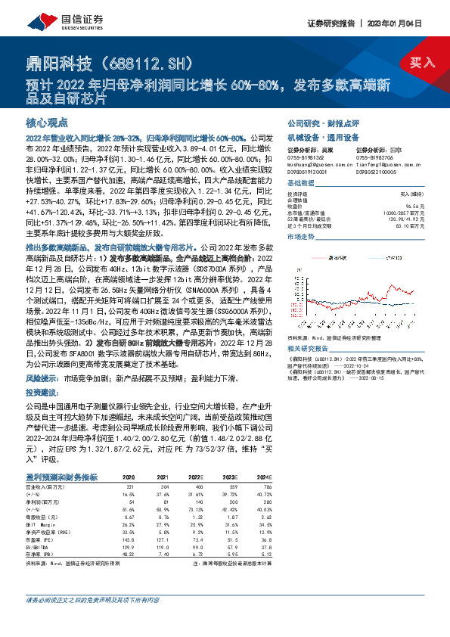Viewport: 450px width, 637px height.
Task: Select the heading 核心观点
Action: coord(48,122)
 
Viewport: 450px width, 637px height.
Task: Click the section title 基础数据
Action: coord(303,183)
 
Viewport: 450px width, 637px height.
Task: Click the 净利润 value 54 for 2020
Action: coord(133,502)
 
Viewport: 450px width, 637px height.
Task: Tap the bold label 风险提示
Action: coord(42,376)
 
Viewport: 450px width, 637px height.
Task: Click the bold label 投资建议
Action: coord(42,393)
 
